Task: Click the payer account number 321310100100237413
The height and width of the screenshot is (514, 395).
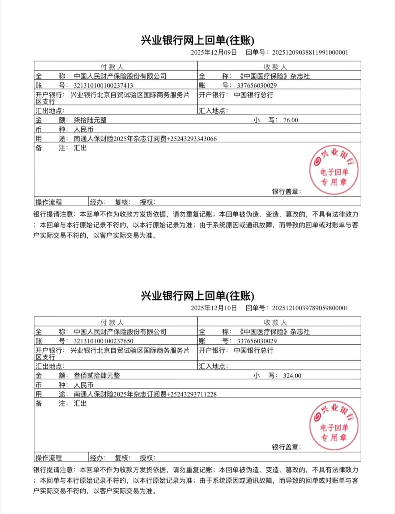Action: (x=103, y=86)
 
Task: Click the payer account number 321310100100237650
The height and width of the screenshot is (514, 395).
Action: (x=103, y=341)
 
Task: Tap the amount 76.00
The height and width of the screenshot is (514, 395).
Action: (x=291, y=120)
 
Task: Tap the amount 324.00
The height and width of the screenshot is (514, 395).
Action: (x=292, y=376)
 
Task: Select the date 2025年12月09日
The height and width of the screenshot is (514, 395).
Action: (x=214, y=53)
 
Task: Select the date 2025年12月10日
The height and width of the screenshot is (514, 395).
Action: (x=214, y=308)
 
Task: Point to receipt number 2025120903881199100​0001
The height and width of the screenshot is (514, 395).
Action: (x=310, y=53)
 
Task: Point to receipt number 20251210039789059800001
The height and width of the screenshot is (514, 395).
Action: (x=310, y=308)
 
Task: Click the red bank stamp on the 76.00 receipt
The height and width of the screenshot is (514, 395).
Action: (x=334, y=170)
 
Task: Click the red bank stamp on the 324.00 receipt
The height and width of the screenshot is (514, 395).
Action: (x=334, y=426)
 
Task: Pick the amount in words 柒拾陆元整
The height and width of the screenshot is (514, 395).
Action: (x=90, y=120)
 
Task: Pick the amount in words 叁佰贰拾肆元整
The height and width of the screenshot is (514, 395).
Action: (x=97, y=376)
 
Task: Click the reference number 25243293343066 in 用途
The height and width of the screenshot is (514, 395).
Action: (x=193, y=139)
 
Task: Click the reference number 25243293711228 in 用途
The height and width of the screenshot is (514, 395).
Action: (x=193, y=394)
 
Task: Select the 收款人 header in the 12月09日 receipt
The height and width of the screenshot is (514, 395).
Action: (x=275, y=67)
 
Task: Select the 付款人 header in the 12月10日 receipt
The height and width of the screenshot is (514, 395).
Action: (x=112, y=322)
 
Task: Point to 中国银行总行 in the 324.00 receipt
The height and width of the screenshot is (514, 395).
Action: (x=253, y=351)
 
